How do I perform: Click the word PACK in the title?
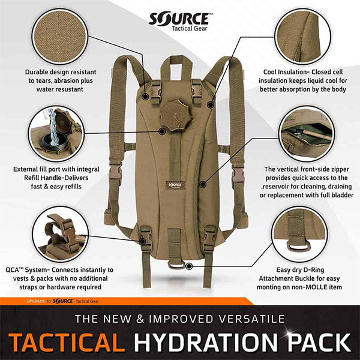314,340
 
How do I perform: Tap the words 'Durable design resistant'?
60,72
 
